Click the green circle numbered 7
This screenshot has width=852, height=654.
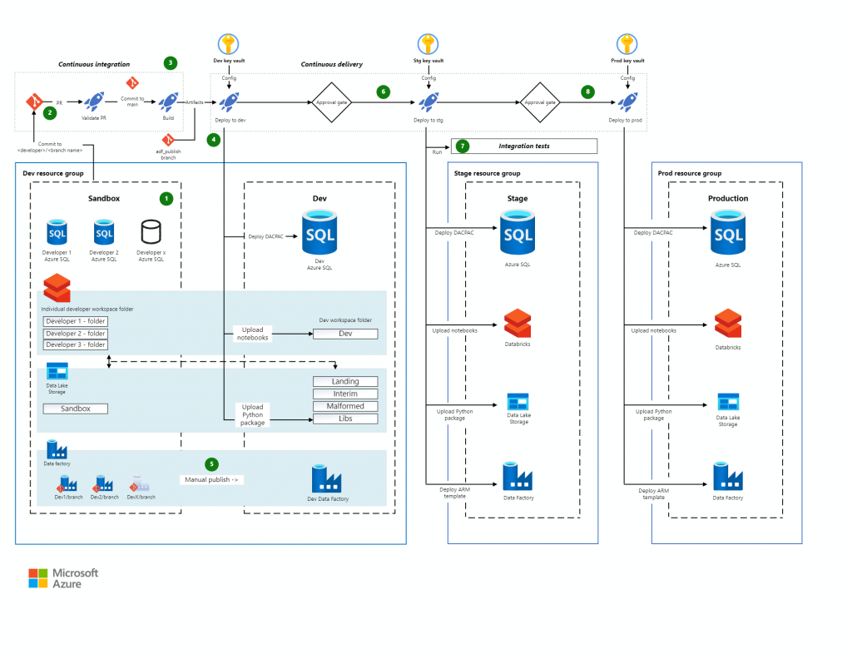tap(463, 146)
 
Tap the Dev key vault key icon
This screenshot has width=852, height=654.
tap(228, 44)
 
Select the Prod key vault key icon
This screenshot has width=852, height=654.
tap(628, 44)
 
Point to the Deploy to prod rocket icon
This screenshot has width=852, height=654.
tap(628, 102)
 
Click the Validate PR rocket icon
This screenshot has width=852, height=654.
tap(95, 102)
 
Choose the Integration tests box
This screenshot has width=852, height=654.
tap(524, 146)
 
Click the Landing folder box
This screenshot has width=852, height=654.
tap(345, 381)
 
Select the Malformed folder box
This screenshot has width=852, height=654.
tap(345, 406)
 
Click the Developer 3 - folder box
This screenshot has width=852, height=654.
tap(76, 344)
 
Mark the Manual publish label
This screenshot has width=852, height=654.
tap(212, 480)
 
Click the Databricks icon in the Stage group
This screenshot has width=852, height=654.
tap(517, 323)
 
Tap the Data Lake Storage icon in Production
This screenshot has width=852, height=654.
tap(728, 404)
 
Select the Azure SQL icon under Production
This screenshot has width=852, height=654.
tap(728, 233)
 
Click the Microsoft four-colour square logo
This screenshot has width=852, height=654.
tap(38, 578)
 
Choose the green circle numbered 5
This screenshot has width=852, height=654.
tap(211, 463)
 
